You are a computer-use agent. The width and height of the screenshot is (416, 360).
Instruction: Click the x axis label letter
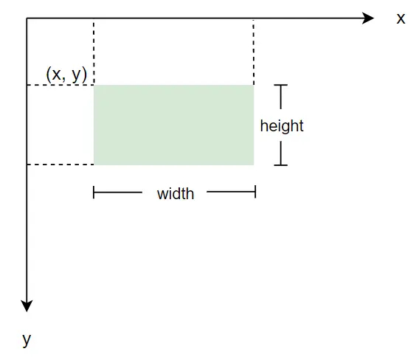[401, 19]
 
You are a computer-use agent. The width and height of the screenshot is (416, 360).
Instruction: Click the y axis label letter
[27, 339]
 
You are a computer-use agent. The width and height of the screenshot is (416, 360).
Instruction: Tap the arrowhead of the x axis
[369, 18]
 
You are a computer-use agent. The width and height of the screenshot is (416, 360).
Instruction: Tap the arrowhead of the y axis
[27, 306]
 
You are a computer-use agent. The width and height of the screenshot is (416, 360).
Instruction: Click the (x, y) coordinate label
[66, 75]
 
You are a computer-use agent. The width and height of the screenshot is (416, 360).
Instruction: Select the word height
[282, 125]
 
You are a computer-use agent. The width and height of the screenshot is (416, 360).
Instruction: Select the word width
[176, 194]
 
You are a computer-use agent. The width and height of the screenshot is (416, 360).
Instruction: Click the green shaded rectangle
[174, 125]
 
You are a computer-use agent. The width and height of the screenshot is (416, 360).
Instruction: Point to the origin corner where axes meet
[27, 18]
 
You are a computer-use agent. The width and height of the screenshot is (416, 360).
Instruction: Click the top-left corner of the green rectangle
[94, 85]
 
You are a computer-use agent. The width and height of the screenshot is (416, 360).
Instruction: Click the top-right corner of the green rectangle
[254, 85]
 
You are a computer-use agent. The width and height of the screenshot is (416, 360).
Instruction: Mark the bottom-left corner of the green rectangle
[94, 165]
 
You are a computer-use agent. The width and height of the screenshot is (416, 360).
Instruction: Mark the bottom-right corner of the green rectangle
[254, 165]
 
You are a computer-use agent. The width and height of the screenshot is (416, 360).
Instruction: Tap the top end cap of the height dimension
[281, 85]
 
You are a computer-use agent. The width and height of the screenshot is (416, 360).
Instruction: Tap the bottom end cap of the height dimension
[281, 165]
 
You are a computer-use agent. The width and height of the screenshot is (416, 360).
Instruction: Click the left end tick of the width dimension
[94, 193]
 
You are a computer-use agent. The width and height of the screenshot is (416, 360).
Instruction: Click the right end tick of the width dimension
[255, 192]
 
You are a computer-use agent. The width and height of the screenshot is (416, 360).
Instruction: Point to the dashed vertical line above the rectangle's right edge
[254, 52]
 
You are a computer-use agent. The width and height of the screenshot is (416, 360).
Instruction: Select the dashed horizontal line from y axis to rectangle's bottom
[60, 165]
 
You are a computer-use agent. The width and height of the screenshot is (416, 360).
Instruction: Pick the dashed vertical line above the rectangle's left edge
[94, 52]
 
